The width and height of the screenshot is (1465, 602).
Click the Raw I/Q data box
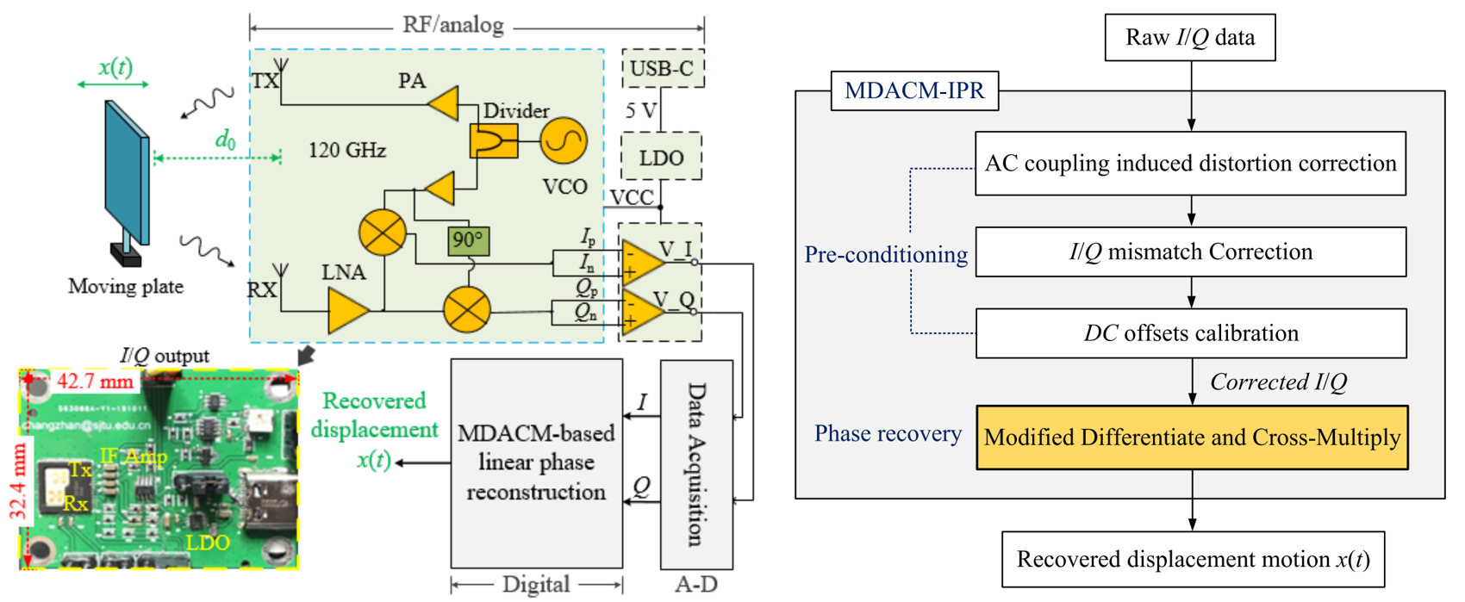[1189, 37]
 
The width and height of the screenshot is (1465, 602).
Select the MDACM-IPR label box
[914, 90]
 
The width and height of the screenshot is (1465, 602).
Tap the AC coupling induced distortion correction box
[1190, 164]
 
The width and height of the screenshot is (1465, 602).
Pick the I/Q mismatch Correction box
[1190, 251]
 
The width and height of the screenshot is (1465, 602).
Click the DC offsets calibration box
[1190, 333]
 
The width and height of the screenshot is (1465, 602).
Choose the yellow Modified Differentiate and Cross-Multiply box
[1192, 438]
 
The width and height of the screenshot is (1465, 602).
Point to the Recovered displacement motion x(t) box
[1193, 560]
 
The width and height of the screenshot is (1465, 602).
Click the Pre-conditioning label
[885, 255]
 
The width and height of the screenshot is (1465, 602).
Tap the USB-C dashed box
[662, 68]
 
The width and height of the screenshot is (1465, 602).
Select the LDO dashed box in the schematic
[661, 157]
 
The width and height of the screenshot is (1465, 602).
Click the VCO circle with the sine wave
[564, 140]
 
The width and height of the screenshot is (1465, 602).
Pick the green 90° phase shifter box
[468, 240]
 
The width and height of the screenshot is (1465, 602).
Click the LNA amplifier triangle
[348, 310]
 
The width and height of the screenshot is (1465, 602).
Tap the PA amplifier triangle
[445, 104]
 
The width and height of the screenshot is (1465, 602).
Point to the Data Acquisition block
[696, 464]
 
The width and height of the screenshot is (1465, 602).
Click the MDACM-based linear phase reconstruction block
[536, 463]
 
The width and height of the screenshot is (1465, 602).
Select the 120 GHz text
[347, 151]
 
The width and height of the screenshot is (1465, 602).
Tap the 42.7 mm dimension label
[95, 381]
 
